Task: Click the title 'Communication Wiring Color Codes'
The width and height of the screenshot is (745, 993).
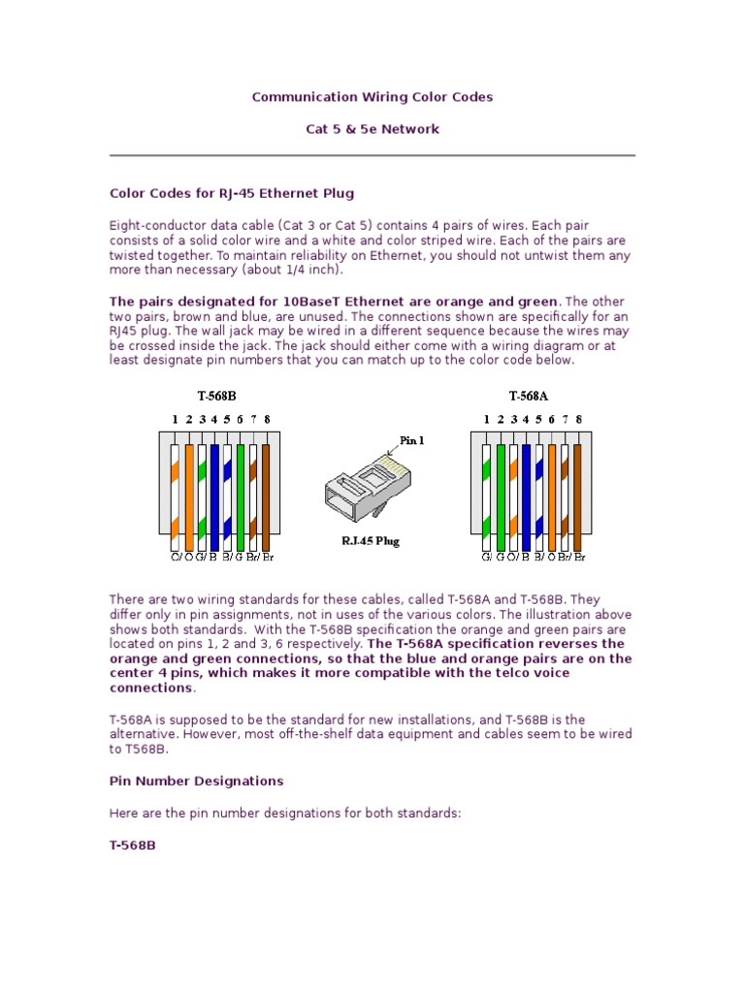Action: (x=372, y=97)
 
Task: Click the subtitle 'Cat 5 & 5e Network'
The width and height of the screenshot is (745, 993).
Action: (x=372, y=129)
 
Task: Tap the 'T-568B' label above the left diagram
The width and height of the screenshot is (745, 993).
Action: (x=217, y=396)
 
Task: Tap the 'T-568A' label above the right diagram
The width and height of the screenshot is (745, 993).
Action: (x=529, y=396)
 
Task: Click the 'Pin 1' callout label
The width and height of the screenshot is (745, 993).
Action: (x=412, y=439)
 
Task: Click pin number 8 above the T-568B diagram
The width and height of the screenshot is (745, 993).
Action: (x=267, y=420)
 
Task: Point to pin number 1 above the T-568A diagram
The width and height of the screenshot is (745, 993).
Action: (x=487, y=420)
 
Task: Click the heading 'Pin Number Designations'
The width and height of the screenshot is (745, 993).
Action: (x=196, y=781)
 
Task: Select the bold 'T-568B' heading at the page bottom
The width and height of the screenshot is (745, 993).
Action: (x=132, y=845)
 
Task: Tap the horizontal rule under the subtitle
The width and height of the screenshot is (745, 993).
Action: (x=372, y=155)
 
